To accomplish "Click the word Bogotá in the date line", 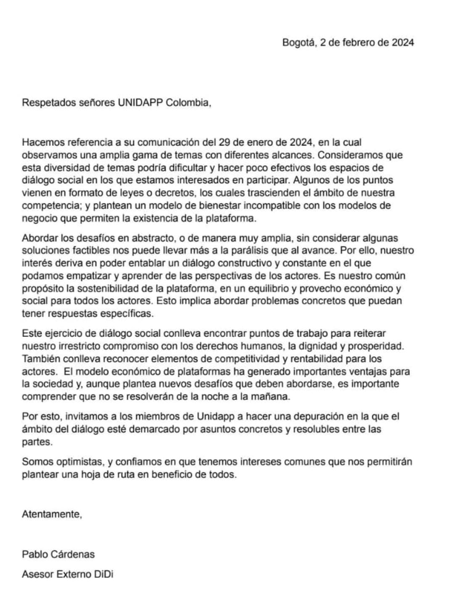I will click(298, 42).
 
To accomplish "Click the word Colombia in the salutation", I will click(187, 102).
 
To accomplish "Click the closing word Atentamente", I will click(52, 514).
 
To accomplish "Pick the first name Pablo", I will click(35, 554).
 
